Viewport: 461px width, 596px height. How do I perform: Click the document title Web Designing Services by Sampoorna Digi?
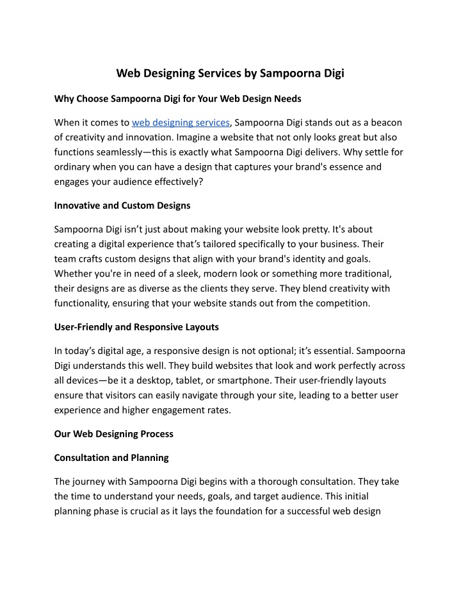click(x=230, y=73)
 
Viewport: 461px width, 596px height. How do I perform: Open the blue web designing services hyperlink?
click(x=181, y=122)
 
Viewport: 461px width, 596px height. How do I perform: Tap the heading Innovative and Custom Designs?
click(x=122, y=205)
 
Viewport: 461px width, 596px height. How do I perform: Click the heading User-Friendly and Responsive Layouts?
click(x=136, y=326)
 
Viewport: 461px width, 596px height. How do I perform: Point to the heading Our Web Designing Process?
click(x=114, y=433)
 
